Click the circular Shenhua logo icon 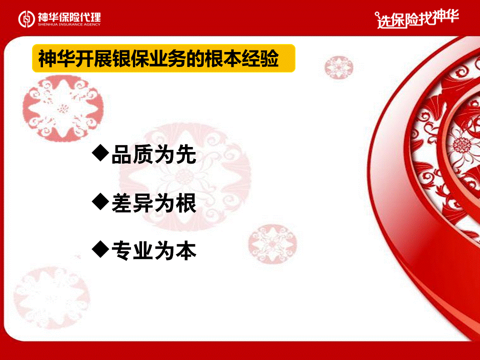click(x=26, y=19)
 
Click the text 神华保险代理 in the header click(x=69, y=16)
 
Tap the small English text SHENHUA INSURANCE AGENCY click(x=69, y=24)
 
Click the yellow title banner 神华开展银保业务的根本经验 click(x=164, y=58)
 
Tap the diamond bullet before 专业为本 click(x=100, y=249)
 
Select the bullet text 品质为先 click(x=153, y=154)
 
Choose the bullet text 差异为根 click(x=153, y=203)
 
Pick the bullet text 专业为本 click(x=153, y=250)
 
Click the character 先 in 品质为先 click(x=186, y=154)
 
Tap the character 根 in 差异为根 click(x=186, y=203)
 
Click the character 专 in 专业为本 click(x=122, y=250)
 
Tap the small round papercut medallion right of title click(x=339, y=66)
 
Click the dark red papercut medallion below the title click(x=63, y=108)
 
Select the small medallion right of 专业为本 click(x=272, y=244)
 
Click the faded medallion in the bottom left click(x=51, y=297)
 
